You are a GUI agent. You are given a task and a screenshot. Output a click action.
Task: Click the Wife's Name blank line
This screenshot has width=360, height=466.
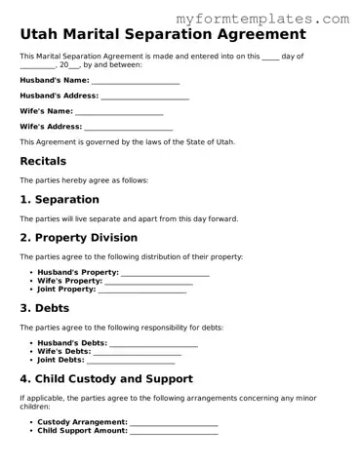[119, 112]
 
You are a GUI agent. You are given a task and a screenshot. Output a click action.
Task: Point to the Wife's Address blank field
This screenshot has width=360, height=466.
[128, 128]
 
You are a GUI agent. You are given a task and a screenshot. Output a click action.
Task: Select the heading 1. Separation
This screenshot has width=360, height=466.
[60, 199]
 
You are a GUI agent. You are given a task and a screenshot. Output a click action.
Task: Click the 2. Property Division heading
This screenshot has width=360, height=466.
[79, 238]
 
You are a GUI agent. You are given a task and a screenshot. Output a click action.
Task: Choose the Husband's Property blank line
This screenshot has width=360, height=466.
[165, 273]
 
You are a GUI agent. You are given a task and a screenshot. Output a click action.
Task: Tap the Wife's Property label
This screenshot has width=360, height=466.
[69, 281]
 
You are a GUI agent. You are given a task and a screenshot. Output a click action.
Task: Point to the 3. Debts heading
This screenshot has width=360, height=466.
[44, 308]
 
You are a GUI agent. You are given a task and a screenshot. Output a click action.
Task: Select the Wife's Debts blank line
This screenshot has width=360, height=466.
[143, 352]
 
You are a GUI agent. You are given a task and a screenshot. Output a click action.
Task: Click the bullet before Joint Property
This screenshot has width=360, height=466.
[31, 290]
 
